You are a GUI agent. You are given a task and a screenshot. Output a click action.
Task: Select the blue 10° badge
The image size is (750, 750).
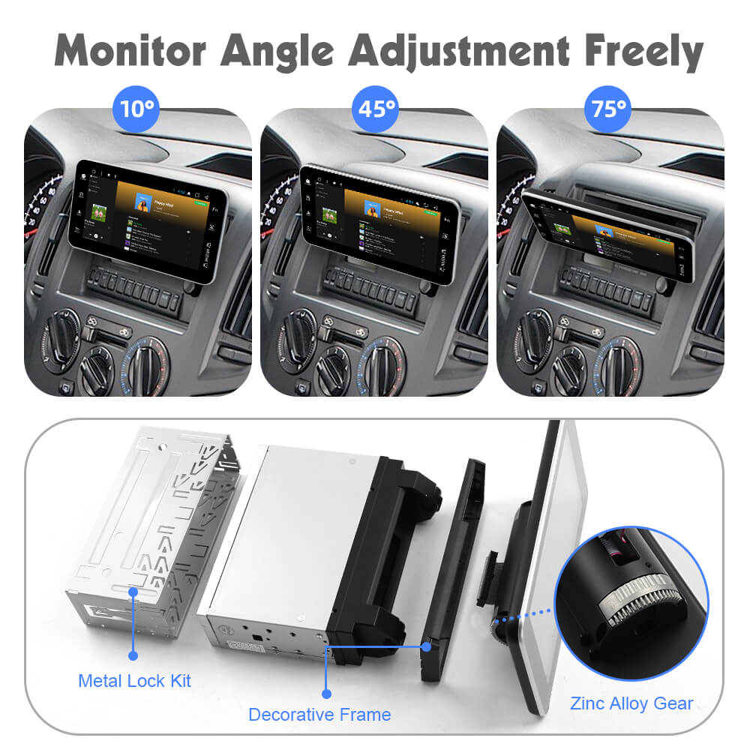coord(138,109)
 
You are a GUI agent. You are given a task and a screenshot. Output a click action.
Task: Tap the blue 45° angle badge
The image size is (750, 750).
coord(374,109)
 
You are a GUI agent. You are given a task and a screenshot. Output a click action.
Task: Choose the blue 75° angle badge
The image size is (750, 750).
coord(608,109)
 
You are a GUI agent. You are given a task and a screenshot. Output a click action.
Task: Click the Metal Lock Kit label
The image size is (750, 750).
coord(134,681)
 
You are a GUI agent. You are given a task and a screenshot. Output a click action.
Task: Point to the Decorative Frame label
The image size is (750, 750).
coord(319,715)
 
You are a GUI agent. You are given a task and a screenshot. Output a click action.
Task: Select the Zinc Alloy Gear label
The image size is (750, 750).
coord(631,703)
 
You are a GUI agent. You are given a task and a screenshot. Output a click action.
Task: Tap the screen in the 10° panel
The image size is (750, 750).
coord(147,221)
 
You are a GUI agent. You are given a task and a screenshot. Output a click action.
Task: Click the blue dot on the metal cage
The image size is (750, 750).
coord(133,592)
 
